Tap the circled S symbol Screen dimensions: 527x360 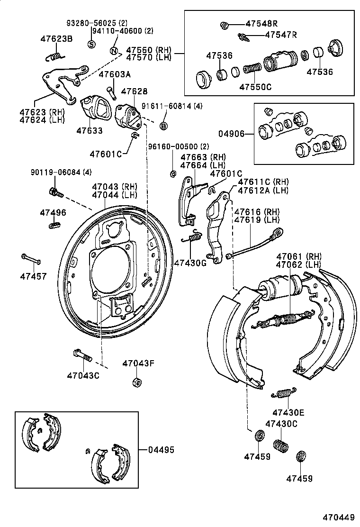[91, 44]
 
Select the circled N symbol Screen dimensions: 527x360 [114, 51]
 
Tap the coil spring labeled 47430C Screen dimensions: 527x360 [281, 446]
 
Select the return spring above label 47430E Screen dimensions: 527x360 [284, 392]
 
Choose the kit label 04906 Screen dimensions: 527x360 [231, 134]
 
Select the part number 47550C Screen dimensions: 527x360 [255, 87]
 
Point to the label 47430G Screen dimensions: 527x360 [189, 263]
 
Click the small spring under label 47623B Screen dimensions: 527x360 [55, 56]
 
